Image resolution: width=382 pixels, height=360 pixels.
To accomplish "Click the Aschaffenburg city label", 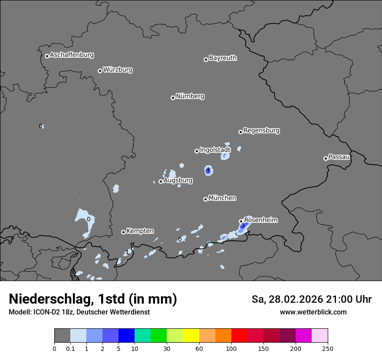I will pos(72,55).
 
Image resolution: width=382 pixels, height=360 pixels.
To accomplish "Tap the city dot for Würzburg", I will pos(100,71).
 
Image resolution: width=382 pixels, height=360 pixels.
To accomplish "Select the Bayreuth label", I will pos(223,58).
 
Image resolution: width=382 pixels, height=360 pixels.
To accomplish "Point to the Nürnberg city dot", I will pos(173,98).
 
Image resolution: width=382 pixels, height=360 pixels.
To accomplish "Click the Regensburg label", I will pos(261,130).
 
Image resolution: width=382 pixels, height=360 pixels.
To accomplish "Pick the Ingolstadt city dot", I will pos(197,151).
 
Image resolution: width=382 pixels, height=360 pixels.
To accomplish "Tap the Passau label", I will pos(339,157).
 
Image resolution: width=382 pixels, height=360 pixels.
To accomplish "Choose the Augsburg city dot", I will pos(161,181).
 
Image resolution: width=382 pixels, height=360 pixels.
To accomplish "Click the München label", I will pos(222,198).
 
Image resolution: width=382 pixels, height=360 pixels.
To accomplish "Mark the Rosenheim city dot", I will pos(241,221).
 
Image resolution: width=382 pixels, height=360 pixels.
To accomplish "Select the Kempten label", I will pos(140,231).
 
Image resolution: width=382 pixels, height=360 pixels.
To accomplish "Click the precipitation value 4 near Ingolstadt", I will pos(208,170).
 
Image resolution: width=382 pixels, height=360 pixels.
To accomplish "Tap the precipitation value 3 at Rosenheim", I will pos(242,226).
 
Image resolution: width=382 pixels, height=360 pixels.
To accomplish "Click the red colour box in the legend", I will pos(239,336).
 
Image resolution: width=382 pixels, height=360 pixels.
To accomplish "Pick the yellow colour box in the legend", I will pos(191,336).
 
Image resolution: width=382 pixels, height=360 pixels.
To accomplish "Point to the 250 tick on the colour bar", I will pos(328,348).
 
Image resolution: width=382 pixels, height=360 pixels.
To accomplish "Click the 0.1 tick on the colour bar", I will pos(70,348).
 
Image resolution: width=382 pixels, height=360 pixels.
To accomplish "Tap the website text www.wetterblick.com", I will pos(313,312).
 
